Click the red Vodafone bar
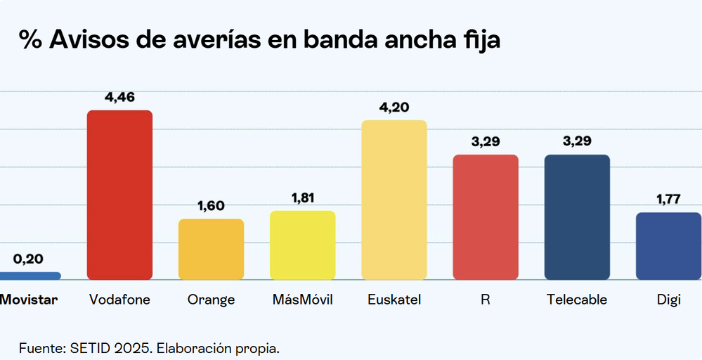click(x=119, y=195)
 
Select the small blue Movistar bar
click(x=28, y=276)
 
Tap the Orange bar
click(x=211, y=249)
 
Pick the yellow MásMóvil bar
click(x=302, y=245)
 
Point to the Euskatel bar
click(x=394, y=200)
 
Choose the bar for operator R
click(x=486, y=217)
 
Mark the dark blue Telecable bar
click(x=577, y=217)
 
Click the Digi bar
click(x=668, y=246)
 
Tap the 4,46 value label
click(x=119, y=97)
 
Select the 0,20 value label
click(x=28, y=259)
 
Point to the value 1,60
click(x=211, y=206)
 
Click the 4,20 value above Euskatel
click(x=394, y=108)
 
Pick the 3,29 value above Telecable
click(x=577, y=141)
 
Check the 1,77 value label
click(x=668, y=200)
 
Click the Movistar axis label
click(x=29, y=300)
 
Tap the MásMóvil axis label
click(x=302, y=300)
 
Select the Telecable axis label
click(x=577, y=300)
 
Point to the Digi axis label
click(x=668, y=300)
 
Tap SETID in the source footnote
click(x=86, y=348)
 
